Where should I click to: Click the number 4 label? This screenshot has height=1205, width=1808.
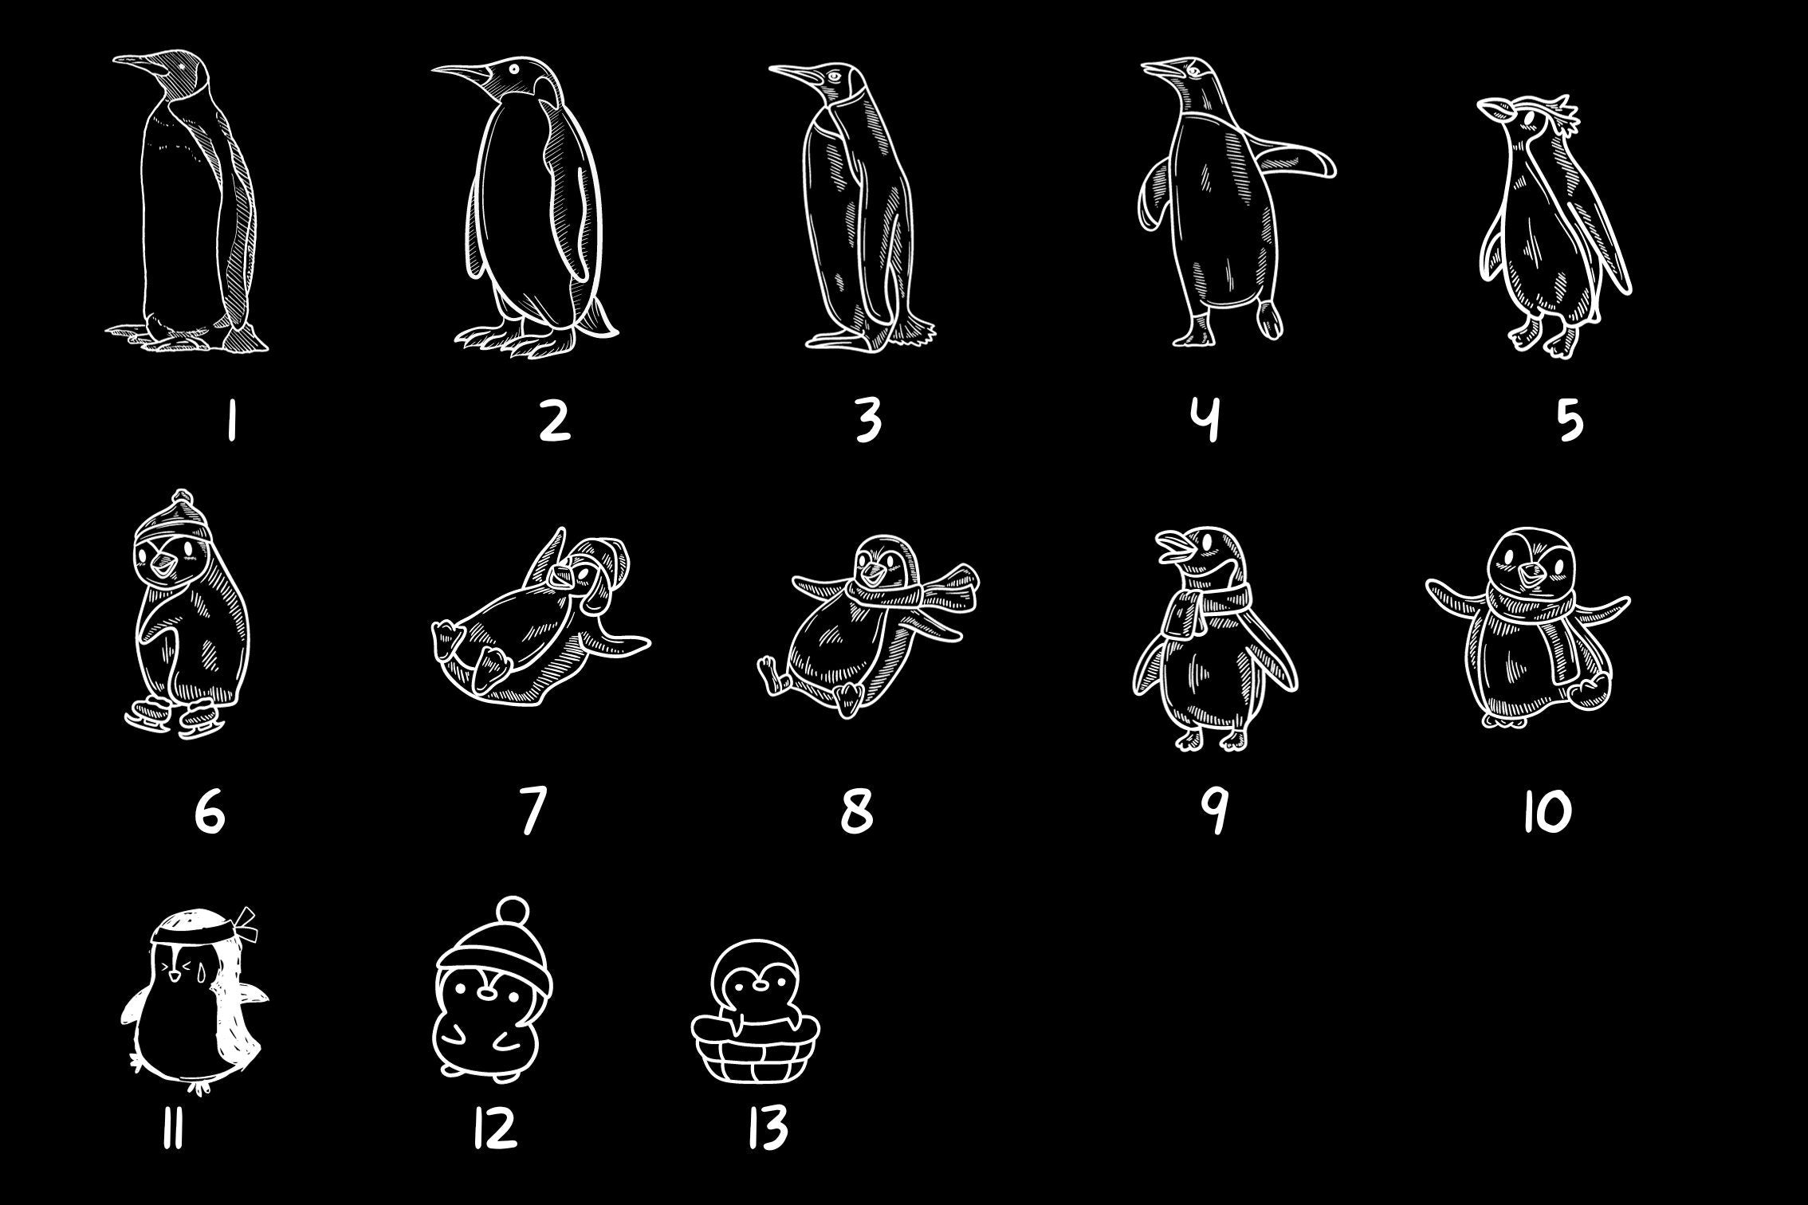[x=1209, y=420]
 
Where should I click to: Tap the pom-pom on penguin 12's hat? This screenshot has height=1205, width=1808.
[x=509, y=910]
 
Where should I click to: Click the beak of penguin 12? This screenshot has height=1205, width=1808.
[x=486, y=993]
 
